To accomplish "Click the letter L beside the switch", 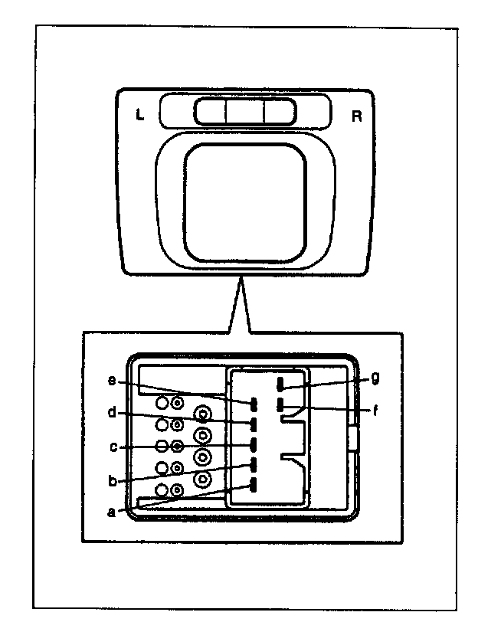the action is click(x=139, y=115).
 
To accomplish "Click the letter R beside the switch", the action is click(x=357, y=116).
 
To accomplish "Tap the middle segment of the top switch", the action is click(x=245, y=112).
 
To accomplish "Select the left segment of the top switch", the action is click(x=211, y=112).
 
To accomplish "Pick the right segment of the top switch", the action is click(x=280, y=112).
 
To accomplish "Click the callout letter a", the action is click(x=112, y=512).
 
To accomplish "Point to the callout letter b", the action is click(x=113, y=481).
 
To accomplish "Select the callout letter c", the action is click(x=113, y=447).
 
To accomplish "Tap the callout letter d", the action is click(x=112, y=413).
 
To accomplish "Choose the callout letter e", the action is click(x=112, y=380).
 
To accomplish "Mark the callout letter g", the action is click(x=375, y=378).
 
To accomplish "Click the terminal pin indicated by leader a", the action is click(x=254, y=485).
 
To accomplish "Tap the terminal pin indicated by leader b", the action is click(x=254, y=464).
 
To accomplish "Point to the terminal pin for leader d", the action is click(x=254, y=424).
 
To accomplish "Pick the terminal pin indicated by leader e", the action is click(x=254, y=404).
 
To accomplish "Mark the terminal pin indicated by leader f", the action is click(x=280, y=404).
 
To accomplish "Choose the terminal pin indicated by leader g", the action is click(x=280, y=384).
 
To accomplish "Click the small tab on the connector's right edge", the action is click(x=353, y=439).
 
